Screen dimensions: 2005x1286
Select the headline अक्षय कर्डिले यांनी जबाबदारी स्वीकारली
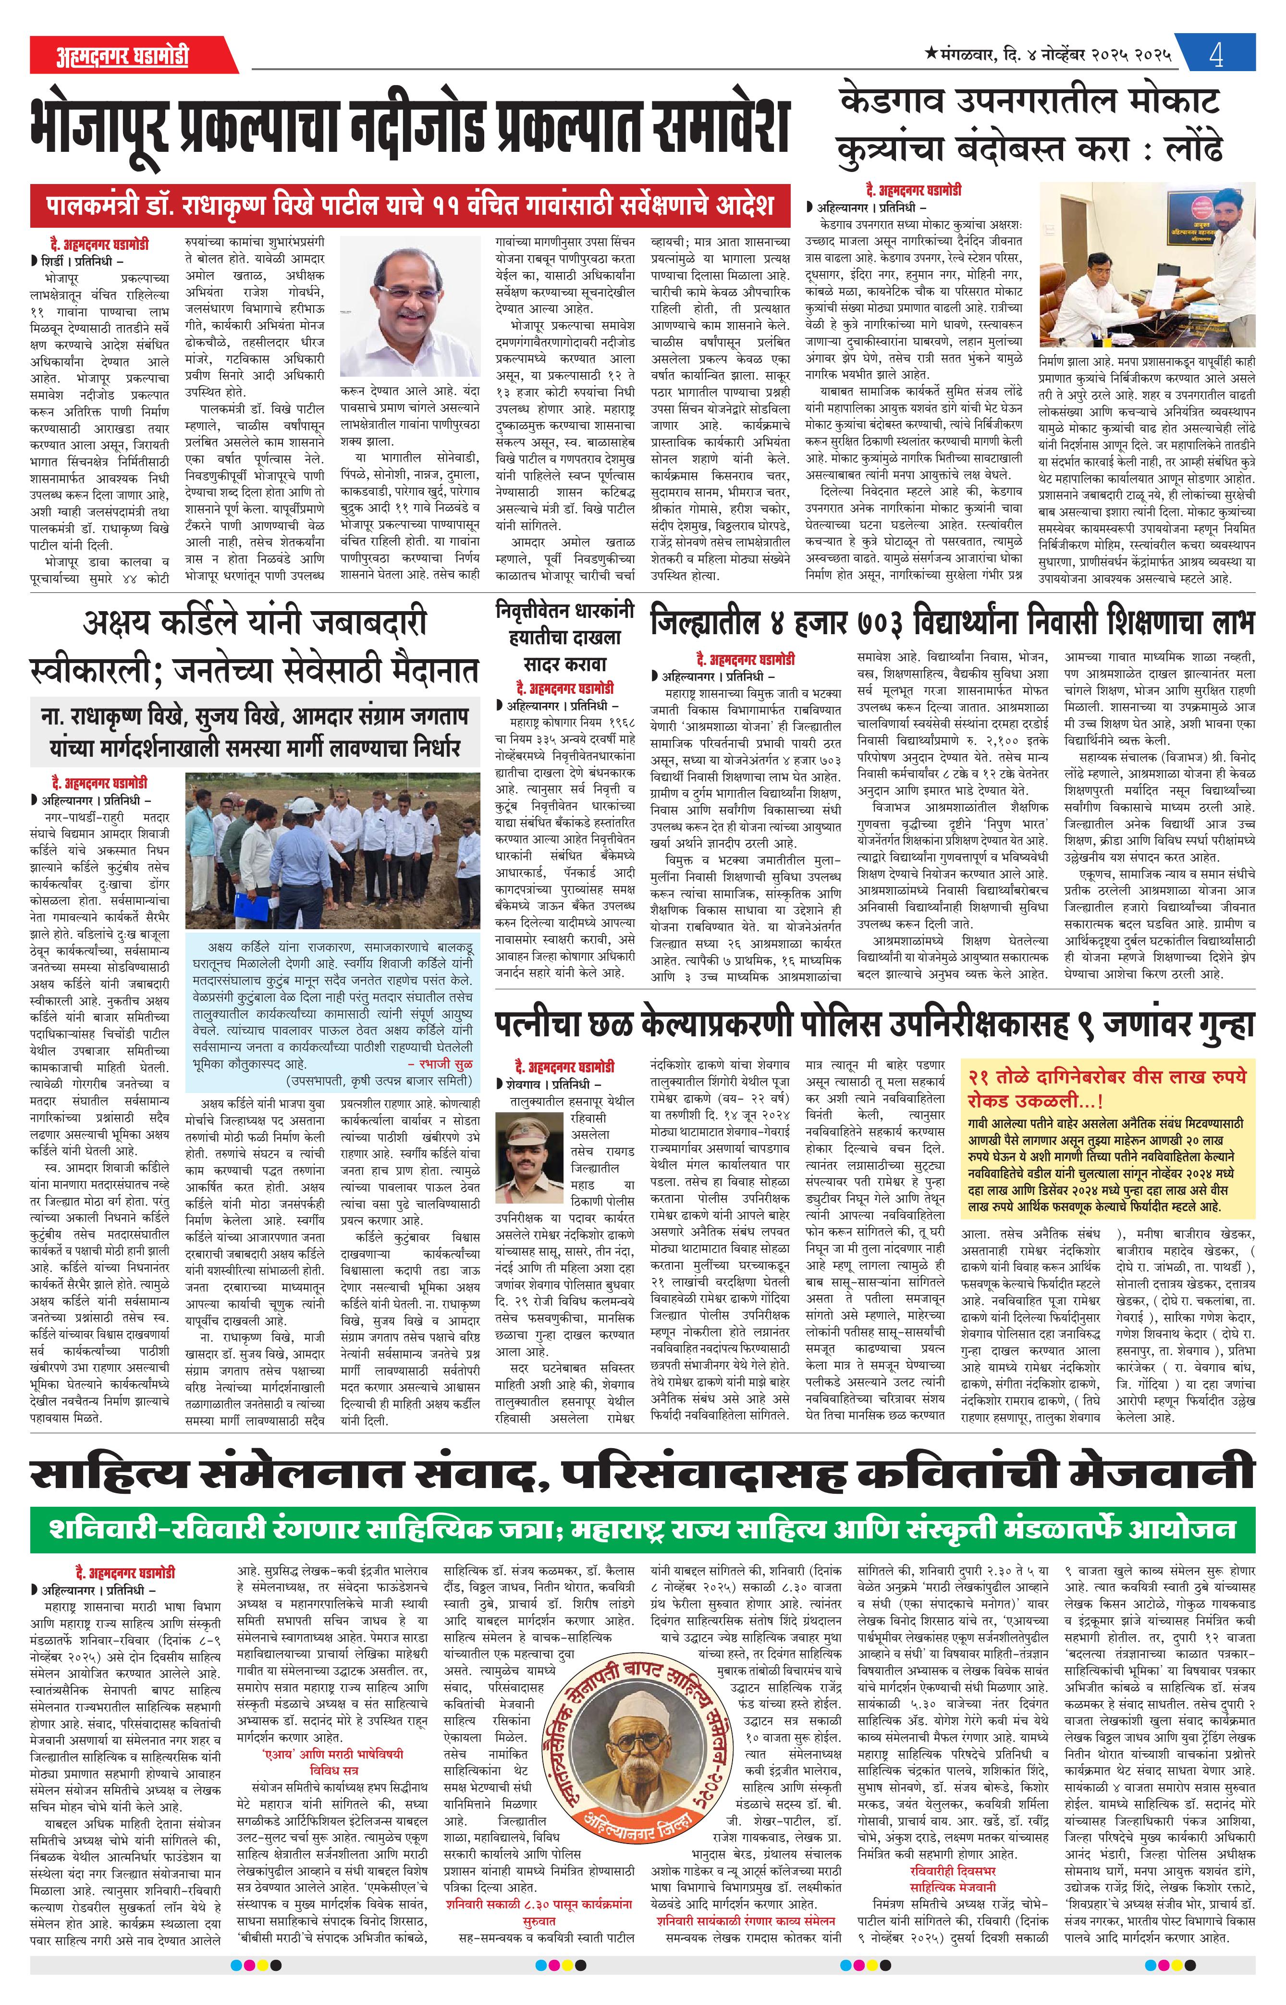[x=255, y=645]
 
